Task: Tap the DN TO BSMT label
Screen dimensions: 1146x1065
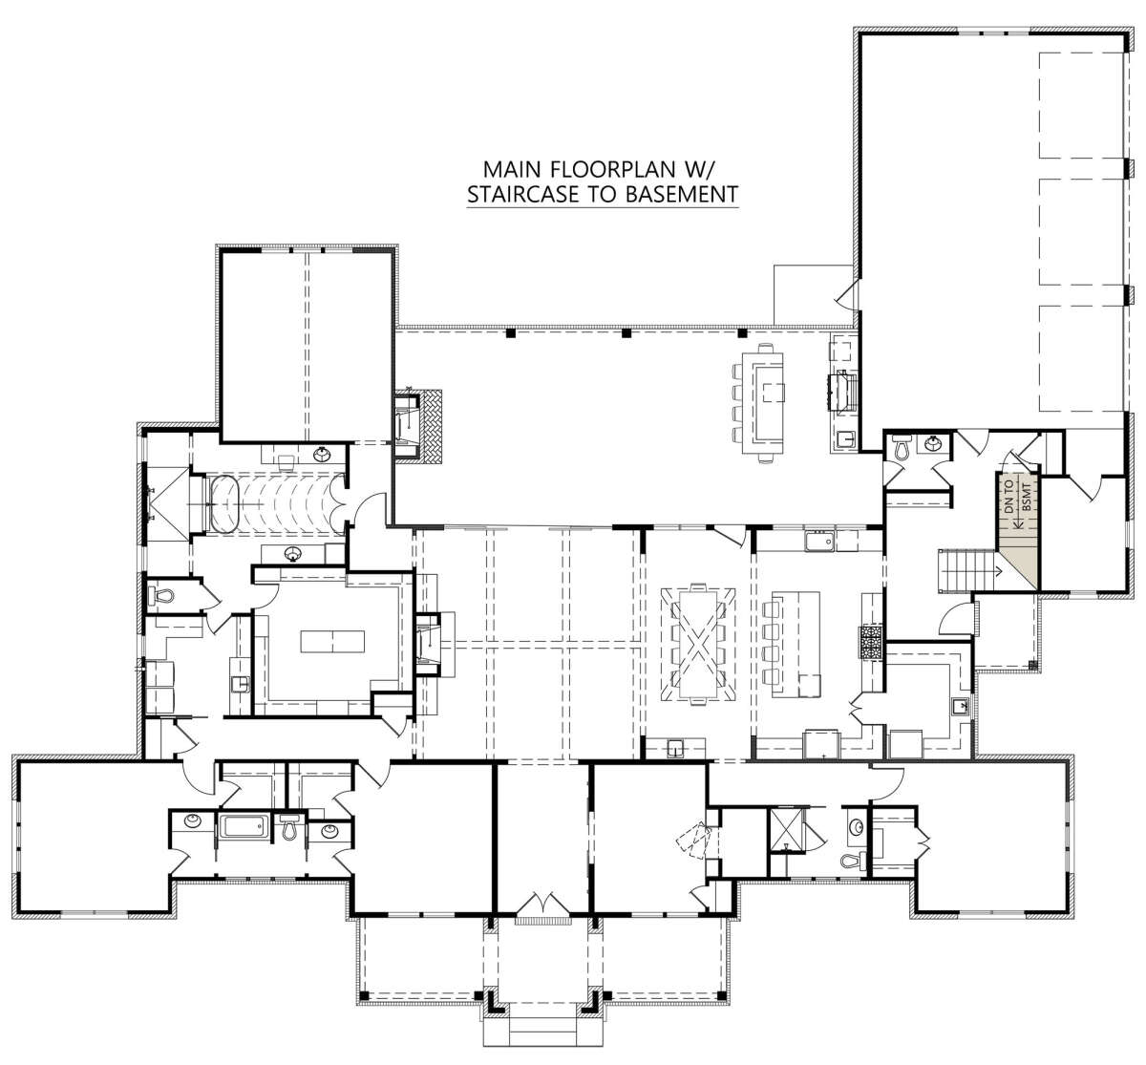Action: pos(1016,497)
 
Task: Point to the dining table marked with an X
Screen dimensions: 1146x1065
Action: pos(698,644)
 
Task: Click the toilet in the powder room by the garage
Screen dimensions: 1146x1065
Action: pos(901,447)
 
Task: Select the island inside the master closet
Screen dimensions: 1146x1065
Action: pos(332,641)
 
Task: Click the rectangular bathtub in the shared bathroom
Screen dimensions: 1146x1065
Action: pos(245,827)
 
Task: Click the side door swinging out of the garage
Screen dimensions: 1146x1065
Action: pos(847,295)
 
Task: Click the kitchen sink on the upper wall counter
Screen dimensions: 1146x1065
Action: pos(820,542)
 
